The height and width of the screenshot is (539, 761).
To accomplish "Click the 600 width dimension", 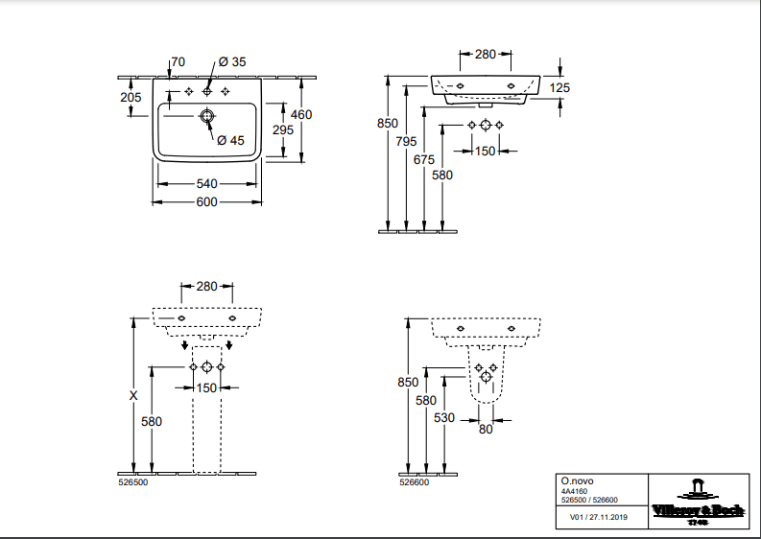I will click(208, 202).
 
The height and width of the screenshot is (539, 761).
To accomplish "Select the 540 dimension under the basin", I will click(208, 183).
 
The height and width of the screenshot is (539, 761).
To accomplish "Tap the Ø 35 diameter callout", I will click(232, 62).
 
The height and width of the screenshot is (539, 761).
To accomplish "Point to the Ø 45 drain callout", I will click(230, 140).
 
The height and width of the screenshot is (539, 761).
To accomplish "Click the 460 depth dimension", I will click(301, 115).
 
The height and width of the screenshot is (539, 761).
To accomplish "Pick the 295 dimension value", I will click(283, 129).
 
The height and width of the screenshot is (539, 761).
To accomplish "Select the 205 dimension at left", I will click(132, 96).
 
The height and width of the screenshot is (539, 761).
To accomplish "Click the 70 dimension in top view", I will click(178, 62).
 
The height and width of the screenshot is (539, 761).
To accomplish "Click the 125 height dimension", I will click(561, 88).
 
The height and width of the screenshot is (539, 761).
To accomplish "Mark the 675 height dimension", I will click(424, 159).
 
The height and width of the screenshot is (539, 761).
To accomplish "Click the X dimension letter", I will click(133, 395).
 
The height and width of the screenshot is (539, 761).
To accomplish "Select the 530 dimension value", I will click(444, 418).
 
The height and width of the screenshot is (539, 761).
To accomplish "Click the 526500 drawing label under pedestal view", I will click(132, 483).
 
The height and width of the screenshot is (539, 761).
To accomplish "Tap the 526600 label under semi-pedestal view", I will click(415, 483).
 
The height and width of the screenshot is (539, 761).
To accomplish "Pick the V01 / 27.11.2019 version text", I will click(597, 517).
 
